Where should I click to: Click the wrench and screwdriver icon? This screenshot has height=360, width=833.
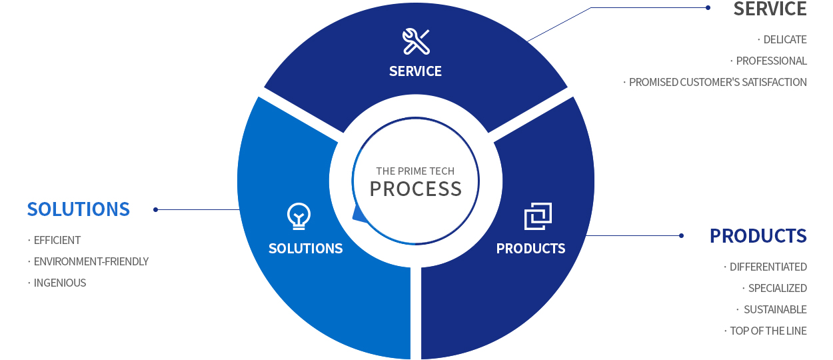pos(416,41)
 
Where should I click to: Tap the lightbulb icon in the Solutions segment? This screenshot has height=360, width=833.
pos(299,216)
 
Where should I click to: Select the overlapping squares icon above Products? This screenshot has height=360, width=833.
pos(538,216)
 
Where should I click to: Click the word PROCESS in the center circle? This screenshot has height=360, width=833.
pos(416,189)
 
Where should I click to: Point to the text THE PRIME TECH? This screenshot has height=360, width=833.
pos(415,171)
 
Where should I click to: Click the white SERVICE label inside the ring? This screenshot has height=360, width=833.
pos(415,71)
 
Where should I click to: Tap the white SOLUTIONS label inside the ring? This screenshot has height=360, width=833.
pos(306,249)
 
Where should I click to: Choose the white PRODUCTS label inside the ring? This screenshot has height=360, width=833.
pos(530,249)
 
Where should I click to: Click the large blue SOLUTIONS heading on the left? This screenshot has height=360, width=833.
pos(79,209)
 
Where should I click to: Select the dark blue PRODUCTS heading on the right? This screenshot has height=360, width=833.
pos(758,236)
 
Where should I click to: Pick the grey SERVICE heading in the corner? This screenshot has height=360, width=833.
pos(770,9)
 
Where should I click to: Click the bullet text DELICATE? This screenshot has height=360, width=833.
pos(785,39)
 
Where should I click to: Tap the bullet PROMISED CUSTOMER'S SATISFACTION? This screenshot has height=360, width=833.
pos(718,82)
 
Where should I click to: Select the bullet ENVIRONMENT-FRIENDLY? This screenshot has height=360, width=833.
pos(91,262)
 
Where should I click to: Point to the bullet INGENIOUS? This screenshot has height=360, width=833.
pos(60,283)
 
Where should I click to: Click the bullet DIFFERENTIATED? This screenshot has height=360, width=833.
pos(768,267)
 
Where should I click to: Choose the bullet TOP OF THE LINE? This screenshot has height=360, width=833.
pos(768,331)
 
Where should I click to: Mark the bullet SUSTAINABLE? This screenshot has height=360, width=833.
pos(776,309)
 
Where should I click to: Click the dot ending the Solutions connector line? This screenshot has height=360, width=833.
pos(156,210)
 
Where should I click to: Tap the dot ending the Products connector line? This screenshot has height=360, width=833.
pos(681,235)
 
